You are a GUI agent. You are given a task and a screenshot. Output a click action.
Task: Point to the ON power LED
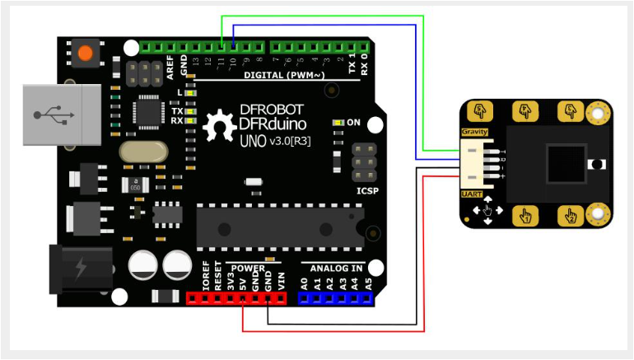(x=338, y=123)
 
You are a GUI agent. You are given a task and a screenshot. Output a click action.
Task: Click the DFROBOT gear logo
(x=220, y=126)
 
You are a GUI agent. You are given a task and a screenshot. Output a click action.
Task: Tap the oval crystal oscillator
(x=142, y=152)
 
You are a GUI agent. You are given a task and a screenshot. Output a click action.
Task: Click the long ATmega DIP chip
(x=279, y=226)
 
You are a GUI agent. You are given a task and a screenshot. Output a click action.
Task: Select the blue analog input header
(x=333, y=298)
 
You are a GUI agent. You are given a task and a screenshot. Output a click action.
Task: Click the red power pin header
(x=239, y=298)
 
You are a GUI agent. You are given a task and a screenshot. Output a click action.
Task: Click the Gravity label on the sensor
(x=474, y=132)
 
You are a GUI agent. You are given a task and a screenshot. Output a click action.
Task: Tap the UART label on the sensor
(x=472, y=194)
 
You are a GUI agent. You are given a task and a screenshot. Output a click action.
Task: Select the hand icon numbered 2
(x=570, y=216)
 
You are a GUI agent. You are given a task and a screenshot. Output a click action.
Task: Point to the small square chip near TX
(x=151, y=110)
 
